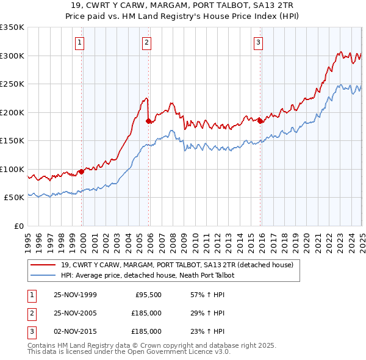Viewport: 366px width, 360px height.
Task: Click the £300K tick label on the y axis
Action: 12,56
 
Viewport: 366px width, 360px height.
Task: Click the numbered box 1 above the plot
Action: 81,42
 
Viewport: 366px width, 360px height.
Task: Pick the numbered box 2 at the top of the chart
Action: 147,42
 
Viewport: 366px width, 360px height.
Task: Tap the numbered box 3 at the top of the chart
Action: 258,42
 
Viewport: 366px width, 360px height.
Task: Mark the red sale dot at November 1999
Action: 82,171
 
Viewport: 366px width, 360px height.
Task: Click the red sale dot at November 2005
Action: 148,121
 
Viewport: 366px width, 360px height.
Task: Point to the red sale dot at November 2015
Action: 260,121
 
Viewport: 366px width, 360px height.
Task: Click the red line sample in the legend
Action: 43,265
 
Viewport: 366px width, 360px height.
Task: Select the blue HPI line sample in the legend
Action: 43,276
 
